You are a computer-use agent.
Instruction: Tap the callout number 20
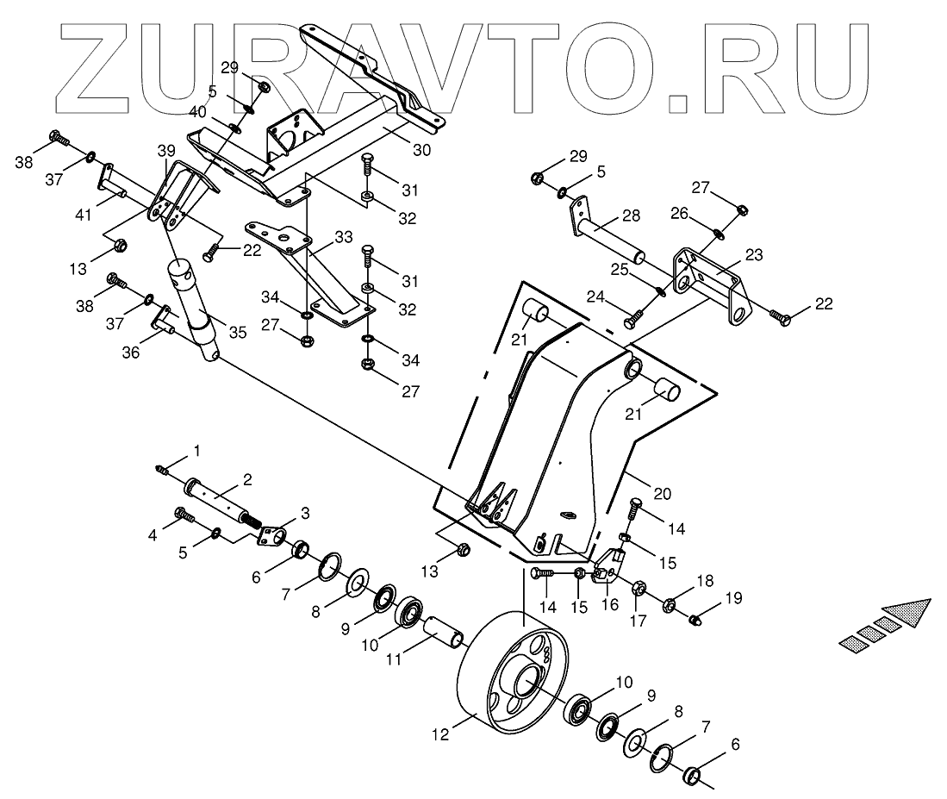click(661, 494)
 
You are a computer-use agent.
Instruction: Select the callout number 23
click(753, 255)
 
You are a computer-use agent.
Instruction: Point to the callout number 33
click(344, 235)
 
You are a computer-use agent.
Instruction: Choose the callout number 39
click(166, 150)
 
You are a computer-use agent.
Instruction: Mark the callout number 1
click(196, 450)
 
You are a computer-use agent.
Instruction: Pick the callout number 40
click(197, 111)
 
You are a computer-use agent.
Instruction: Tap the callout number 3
click(305, 515)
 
